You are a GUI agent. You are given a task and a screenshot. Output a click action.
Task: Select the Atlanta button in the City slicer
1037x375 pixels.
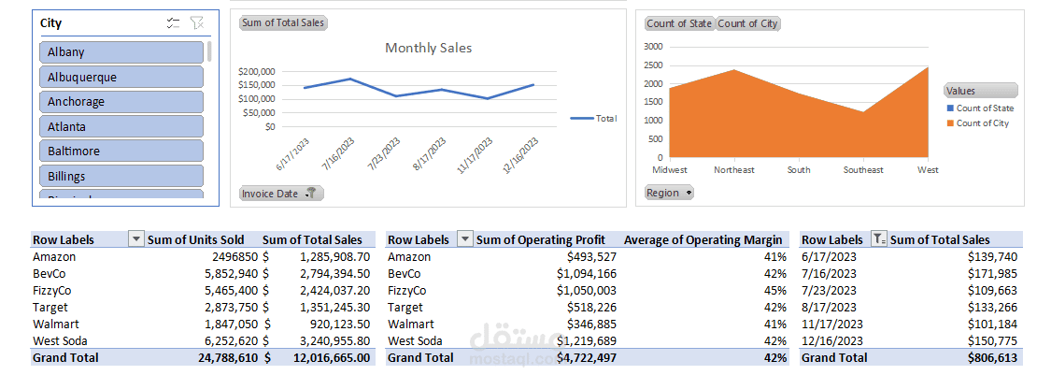(x=121, y=126)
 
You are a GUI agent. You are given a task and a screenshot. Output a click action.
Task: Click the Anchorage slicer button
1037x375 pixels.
(x=121, y=102)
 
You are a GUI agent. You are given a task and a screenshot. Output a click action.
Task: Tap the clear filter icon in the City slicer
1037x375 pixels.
(x=196, y=23)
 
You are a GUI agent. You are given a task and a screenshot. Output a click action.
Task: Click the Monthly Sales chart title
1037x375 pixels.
(x=429, y=48)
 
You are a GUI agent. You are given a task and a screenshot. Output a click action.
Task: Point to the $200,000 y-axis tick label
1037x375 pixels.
(x=257, y=71)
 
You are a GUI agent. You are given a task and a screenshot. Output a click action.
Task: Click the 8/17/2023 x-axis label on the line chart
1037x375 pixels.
(x=429, y=154)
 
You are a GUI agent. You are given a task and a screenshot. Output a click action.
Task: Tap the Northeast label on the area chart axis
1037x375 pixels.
(x=734, y=170)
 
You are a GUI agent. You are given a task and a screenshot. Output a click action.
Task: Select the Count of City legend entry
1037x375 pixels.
(x=982, y=123)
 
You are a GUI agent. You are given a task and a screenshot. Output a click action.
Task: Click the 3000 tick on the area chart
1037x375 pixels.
(x=653, y=47)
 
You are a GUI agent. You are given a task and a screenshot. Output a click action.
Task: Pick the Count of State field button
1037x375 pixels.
(x=679, y=24)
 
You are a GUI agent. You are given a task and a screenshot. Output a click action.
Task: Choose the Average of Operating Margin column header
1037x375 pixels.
(x=703, y=240)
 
